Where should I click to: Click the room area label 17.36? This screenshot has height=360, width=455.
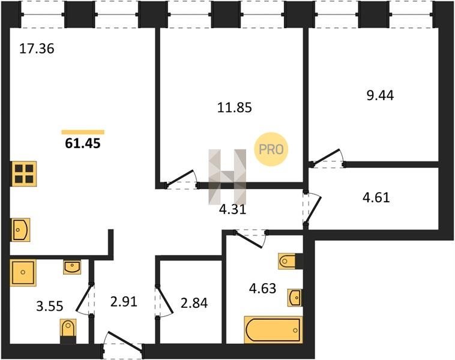tap(37, 49)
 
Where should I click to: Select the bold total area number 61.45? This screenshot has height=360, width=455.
tap(83, 143)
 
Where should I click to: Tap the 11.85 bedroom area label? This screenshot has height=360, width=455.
tap(235, 107)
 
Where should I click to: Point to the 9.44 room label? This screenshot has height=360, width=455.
tap(380, 95)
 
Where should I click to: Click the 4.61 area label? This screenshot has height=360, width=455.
tap(376, 197)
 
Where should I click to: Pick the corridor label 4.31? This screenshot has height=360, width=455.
tap(233, 209)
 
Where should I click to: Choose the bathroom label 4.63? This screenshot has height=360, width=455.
tap(262, 289)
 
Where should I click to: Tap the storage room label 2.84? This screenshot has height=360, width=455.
tap(194, 303)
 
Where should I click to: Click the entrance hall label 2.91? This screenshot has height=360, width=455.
tap(124, 302)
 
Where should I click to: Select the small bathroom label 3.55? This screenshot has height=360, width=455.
tap(50, 306)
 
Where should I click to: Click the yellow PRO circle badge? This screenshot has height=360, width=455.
tap(271, 149)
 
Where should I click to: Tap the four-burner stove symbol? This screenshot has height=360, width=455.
tap(24, 173)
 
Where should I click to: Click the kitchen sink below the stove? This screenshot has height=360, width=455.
tap(20, 230)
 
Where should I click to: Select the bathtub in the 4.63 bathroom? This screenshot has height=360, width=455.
tap(273, 330)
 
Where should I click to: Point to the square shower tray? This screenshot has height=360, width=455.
tap(23, 272)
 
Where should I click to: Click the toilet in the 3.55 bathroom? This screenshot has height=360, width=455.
tap(68, 331)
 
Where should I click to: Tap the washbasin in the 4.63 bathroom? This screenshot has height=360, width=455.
tap(295, 298)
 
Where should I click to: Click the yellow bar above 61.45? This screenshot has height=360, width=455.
tap(83, 132)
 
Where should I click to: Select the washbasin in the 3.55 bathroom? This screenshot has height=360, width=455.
tap(72, 267)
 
